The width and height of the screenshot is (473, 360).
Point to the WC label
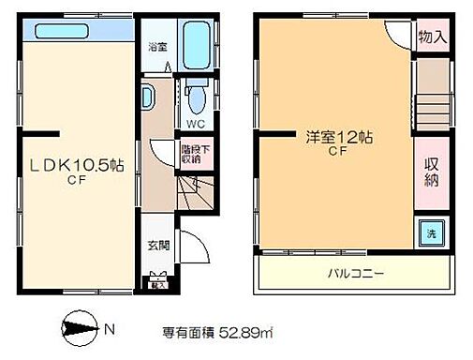point(194,122)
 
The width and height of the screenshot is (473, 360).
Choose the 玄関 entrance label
point(157,247)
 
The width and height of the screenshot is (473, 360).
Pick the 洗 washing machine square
point(433,232)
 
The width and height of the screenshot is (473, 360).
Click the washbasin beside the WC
point(150,97)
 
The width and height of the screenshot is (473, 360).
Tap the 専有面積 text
point(187,331)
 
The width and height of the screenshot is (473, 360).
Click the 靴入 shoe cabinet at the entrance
point(157,277)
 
